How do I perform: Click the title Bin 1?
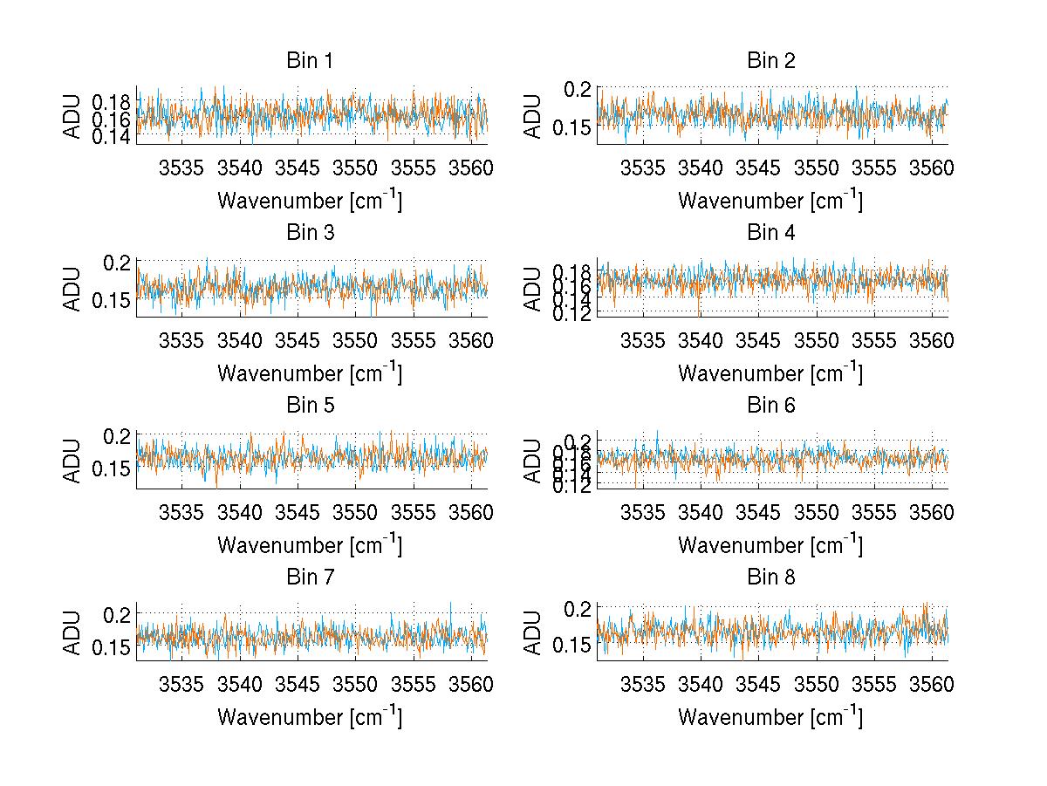point(310,61)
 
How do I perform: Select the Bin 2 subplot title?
point(770,61)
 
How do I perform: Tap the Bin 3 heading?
point(310,233)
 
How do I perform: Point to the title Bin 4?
point(770,233)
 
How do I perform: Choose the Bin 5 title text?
point(310,405)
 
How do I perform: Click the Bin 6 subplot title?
point(770,405)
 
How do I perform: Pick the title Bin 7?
point(310,577)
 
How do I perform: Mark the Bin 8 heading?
point(770,577)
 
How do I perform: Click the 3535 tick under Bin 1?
point(181,167)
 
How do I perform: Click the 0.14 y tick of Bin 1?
point(111,137)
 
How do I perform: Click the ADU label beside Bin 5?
point(74,460)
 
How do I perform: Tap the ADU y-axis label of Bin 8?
point(535,632)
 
